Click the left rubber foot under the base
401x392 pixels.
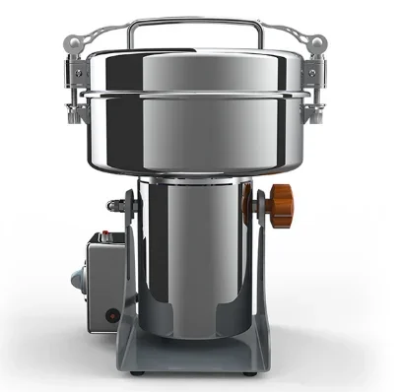pyautogui.click(x=138, y=374)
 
